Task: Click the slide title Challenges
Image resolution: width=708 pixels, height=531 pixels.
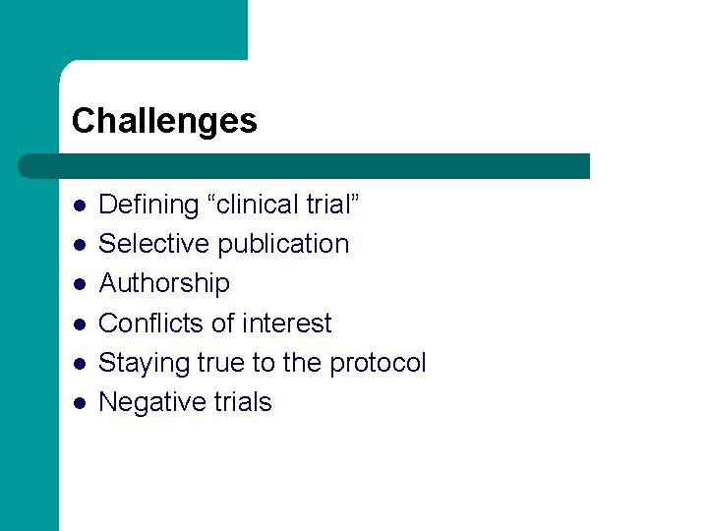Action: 164,121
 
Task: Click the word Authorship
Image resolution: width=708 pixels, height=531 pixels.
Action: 164,283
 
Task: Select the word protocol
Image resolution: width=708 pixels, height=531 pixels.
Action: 378,363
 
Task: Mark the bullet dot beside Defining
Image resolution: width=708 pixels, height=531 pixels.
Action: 78,206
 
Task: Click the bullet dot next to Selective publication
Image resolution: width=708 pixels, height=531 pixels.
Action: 78,245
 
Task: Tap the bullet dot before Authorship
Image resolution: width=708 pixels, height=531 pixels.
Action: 78,284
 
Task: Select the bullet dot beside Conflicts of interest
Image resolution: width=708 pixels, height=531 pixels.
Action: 78,324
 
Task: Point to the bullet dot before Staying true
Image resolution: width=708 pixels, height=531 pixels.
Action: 78,364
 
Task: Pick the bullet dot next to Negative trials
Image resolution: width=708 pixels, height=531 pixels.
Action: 78,403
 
